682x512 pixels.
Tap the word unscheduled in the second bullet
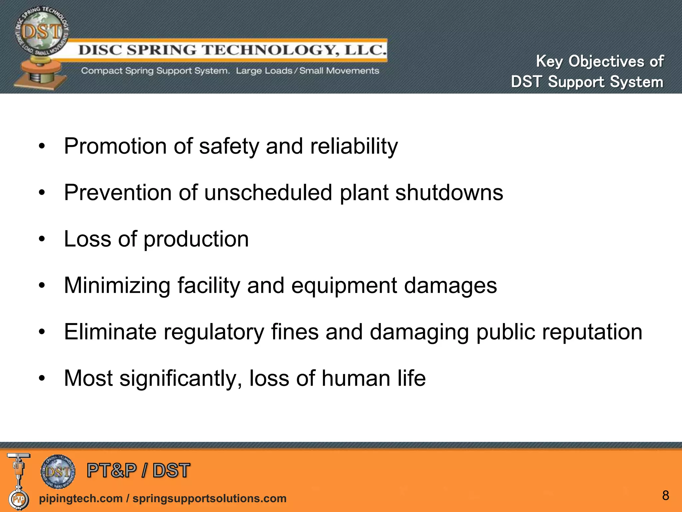(268, 193)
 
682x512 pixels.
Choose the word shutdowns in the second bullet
(449, 193)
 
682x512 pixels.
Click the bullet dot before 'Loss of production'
(42, 239)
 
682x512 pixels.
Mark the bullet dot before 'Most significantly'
(42, 378)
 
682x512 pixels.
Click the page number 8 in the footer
(665, 495)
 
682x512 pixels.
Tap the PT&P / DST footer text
(138, 471)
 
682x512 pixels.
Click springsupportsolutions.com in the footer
(209, 498)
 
